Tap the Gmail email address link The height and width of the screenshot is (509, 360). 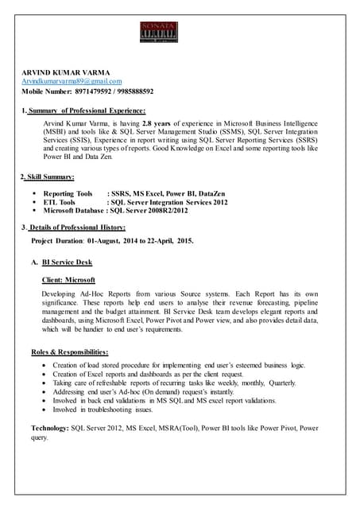tap(72, 81)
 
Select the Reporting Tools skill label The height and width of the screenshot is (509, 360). tap(68, 193)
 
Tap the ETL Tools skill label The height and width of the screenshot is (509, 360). tap(60, 202)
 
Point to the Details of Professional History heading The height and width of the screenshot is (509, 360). tap(75, 228)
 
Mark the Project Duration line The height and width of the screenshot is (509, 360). tap(111, 240)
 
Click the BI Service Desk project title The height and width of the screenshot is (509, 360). tap(67, 262)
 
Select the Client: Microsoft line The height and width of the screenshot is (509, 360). tap(68, 280)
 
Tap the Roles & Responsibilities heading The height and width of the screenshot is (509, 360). tap(70, 352)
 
